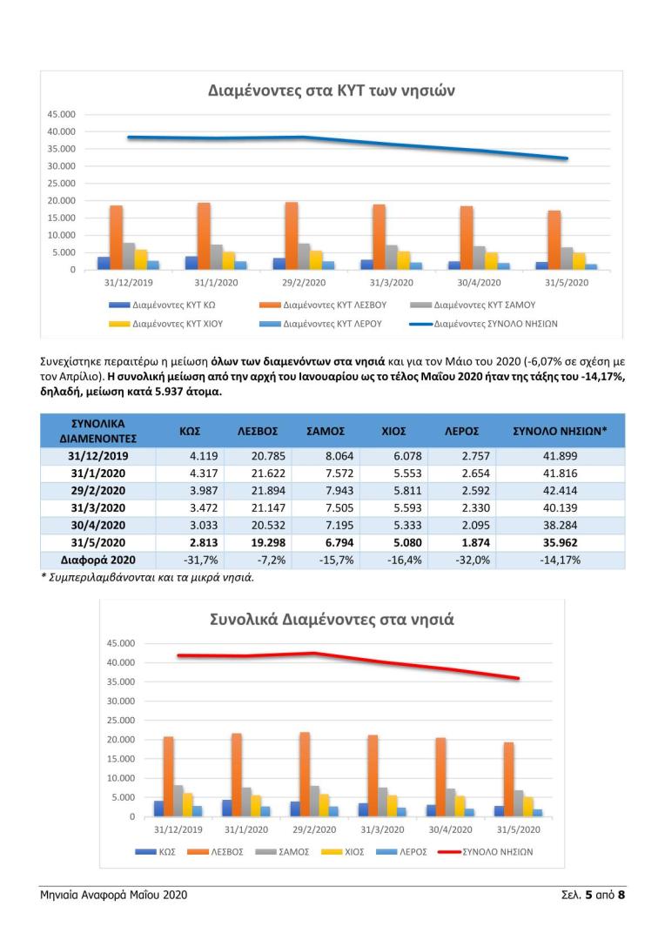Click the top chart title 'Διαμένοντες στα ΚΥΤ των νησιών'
[332, 91]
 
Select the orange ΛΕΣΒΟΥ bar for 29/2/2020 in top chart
[292, 236]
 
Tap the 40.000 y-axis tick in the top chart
[61, 131]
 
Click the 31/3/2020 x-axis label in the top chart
[391, 282]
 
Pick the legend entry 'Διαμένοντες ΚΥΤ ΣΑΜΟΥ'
[473, 305]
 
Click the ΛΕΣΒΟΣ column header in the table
[258, 431]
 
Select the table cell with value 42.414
[560, 490]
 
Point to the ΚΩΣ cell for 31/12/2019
[204, 456]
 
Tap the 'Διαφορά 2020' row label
[97, 560]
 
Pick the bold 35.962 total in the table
[560, 542]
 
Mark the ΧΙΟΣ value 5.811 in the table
[407, 490]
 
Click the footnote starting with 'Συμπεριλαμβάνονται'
[147, 578]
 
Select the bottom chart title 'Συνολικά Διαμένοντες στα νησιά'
[332, 620]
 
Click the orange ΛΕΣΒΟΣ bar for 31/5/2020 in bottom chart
[508, 779]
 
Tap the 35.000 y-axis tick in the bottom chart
[121, 681]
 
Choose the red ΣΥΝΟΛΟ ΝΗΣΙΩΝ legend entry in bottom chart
[485, 852]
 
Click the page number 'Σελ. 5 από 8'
[593, 895]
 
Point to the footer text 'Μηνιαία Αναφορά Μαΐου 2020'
[114, 895]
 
